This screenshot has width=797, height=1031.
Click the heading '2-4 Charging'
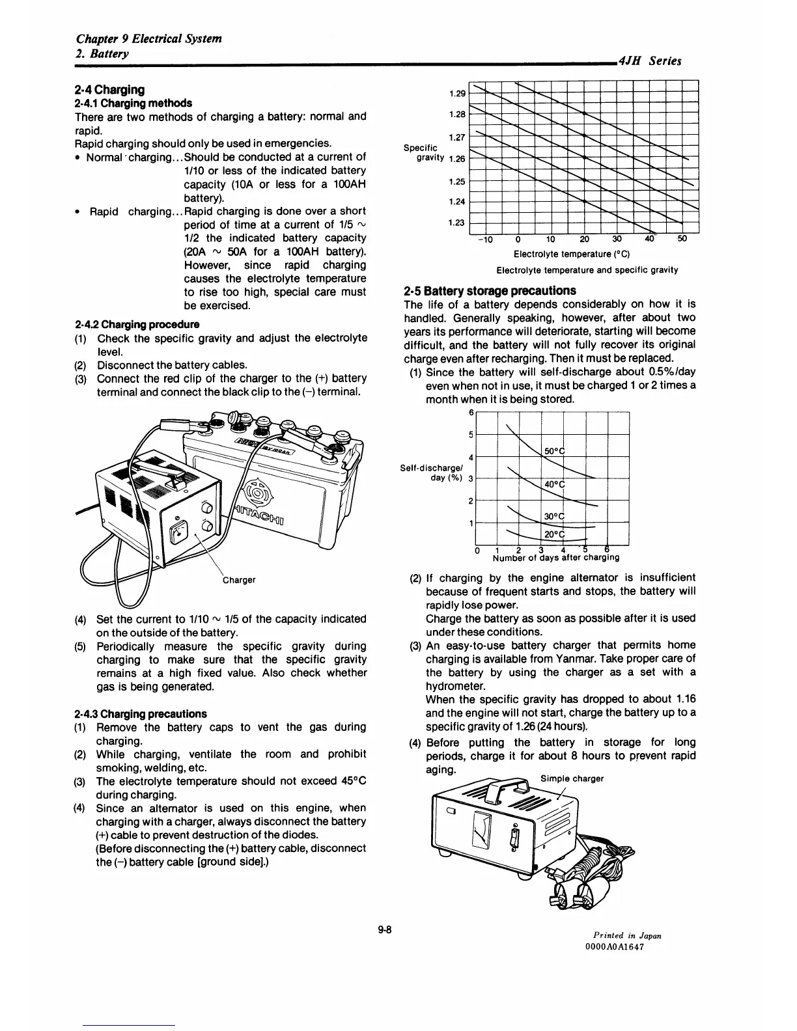[x=109, y=89]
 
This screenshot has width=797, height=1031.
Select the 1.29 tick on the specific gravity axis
[x=458, y=94]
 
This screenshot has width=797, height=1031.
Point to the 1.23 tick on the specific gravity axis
[x=458, y=223]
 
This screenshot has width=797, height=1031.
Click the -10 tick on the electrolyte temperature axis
[x=484, y=238]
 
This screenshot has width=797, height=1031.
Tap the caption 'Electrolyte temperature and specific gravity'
[x=587, y=269]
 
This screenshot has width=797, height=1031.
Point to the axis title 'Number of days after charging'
[x=555, y=558]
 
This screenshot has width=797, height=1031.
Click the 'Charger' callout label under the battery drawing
[x=239, y=579]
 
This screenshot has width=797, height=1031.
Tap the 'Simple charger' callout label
[x=572, y=778]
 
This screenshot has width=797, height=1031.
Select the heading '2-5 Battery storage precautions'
[x=499, y=290]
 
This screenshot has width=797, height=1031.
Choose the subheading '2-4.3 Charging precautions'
[x=141, y=713]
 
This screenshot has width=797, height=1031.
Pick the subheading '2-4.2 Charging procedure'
[x=137, y=324]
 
